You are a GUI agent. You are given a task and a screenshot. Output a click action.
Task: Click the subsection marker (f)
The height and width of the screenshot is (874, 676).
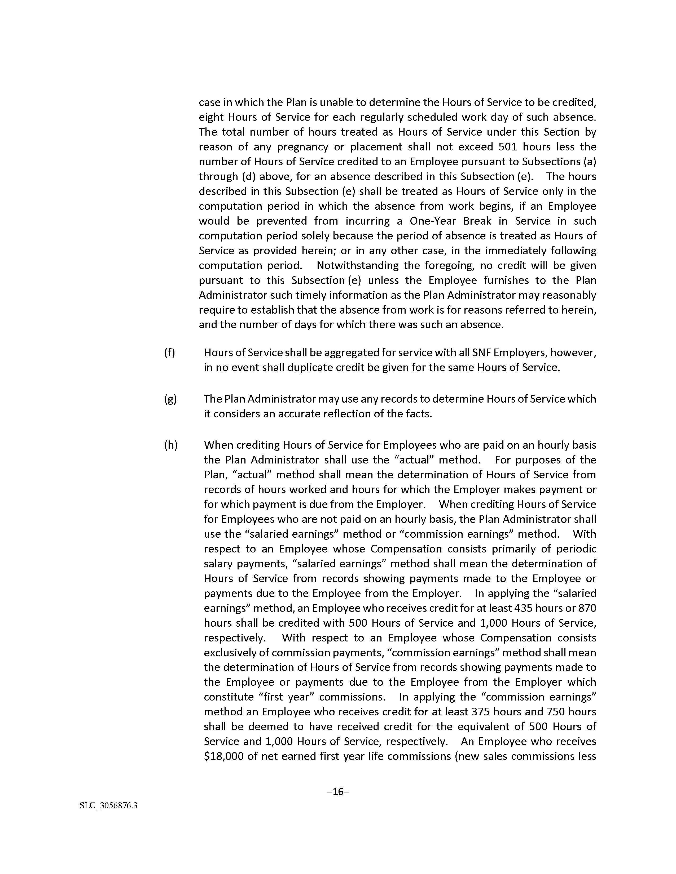169,353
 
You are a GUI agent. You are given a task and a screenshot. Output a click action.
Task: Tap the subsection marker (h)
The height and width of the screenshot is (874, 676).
171,445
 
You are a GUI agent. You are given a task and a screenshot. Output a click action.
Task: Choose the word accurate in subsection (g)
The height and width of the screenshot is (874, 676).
296,414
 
